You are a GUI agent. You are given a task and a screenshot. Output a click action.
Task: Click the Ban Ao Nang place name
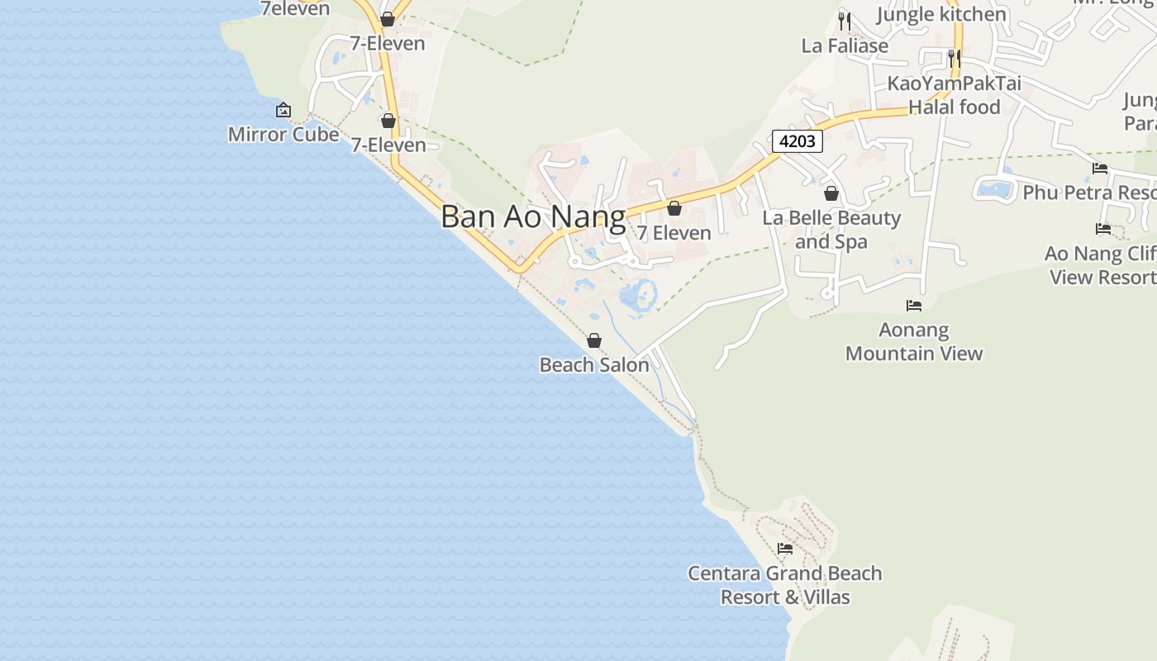pos(533,216)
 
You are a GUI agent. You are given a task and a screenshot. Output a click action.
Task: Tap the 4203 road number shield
pos(798,141)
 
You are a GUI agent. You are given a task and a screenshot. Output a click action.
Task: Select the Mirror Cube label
pos(283,134)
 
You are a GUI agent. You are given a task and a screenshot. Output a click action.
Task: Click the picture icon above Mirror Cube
pos(283,110)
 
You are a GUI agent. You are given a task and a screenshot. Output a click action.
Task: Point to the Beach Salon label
pos(594,364)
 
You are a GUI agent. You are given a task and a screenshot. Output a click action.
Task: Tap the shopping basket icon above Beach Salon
pos(593,340)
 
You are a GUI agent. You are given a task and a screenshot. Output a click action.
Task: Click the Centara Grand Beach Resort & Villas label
pos(785,585)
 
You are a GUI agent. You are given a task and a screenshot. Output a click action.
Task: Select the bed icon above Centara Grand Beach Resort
pos(785,548)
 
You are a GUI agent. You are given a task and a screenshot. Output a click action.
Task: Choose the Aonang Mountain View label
pos(914,341)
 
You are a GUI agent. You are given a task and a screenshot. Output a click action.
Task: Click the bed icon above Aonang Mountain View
pos(913,306)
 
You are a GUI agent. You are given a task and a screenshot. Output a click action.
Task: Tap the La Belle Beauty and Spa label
pos(831,230)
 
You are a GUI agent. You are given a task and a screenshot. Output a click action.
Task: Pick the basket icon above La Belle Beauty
pos(831,194)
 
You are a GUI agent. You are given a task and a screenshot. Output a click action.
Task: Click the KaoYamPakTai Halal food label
pos(955,95)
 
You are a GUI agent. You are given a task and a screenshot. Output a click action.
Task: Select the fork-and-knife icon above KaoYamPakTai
pos(954,58)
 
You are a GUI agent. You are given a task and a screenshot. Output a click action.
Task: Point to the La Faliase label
pos(845,45)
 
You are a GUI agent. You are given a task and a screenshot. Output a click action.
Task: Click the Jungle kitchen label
pos(941,14)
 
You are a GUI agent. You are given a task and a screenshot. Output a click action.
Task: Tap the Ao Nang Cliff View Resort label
pos(1101,265)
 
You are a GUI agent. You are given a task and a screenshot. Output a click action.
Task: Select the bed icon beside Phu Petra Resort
pos(1100,169)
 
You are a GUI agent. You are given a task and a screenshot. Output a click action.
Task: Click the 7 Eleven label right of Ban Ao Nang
pos(674,233)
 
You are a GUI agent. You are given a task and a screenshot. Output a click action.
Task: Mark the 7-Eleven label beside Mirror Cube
pos(388,145)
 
